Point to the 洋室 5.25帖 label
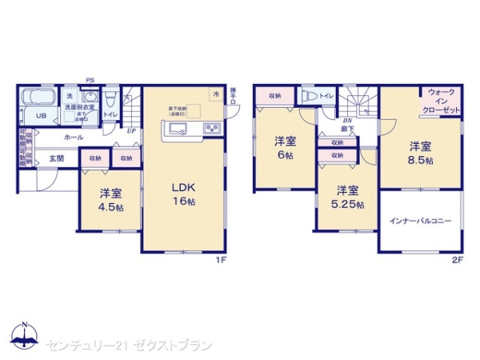click(x=346, y=197)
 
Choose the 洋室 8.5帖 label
click(x=420, y=153)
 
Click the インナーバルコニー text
click(x=420, y=220)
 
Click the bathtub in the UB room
click(x=37, y=98)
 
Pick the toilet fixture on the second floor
click(x=308, y=96)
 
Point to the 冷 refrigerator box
click(x=215, y=94)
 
